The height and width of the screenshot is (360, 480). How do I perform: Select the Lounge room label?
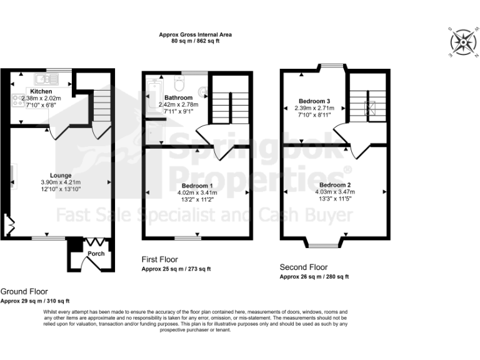pyautogui.click(x=61, y=175)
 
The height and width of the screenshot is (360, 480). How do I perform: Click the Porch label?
pyautogui.click(x=96, y=253)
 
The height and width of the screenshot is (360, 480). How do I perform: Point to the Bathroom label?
pyautogui.click(x=178, y=98)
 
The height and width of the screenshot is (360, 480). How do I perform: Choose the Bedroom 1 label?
pyautogui.click(x=197, y=186)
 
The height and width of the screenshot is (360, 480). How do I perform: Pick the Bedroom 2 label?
pyautogui.click(x=334, y=185)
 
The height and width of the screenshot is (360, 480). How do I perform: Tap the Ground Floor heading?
pyautogui.click(x=24, y=291)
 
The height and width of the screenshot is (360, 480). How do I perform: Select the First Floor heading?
pyautogui.click(x=159, y=259)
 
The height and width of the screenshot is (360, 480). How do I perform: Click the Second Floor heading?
pyautogui.click(x=304, y=266)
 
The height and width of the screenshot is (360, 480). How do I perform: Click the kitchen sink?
pyautogui.click(x=42, y=79)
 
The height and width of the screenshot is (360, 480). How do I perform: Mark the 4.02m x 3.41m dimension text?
pyautogui.click(x=197, y=193)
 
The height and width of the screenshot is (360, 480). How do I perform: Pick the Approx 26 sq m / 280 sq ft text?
pyautogui.click(x=314, y=276)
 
